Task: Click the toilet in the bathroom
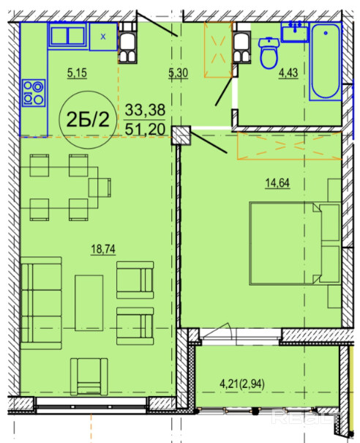click(269, 53)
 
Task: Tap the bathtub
click(326, 62)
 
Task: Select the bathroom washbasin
click(295, 31)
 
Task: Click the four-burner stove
click(34, 93)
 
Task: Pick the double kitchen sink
click(68, 35)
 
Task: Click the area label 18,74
click(103, 250)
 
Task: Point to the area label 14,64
click(277, 183)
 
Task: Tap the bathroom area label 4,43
click(288, 73)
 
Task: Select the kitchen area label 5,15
click(77, 73)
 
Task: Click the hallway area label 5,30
click(178, 73)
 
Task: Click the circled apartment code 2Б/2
click(88, 119)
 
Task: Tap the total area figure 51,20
click(145, 130)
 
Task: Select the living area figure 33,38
click(145, 110)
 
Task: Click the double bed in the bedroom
click(294, 243)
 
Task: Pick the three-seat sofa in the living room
click(41, 303)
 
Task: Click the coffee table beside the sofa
click(89, 303)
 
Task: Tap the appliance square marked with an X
click(103, 37)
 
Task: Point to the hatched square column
click(181, 135)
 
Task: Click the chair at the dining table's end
click(100, 187)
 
